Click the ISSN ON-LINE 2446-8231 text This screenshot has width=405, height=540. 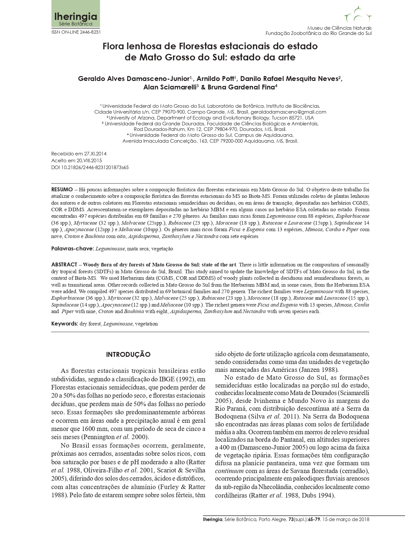(x=76, y=32)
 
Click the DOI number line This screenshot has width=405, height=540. (x=90, y=167)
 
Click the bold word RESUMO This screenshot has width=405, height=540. (x=62, y=189)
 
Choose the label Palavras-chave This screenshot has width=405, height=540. (x=72, y=249)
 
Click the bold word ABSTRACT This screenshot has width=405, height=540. (x=64, y=265)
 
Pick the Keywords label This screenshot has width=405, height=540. (x=64, y=324)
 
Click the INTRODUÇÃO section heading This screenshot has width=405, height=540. (x=128, y=355)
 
